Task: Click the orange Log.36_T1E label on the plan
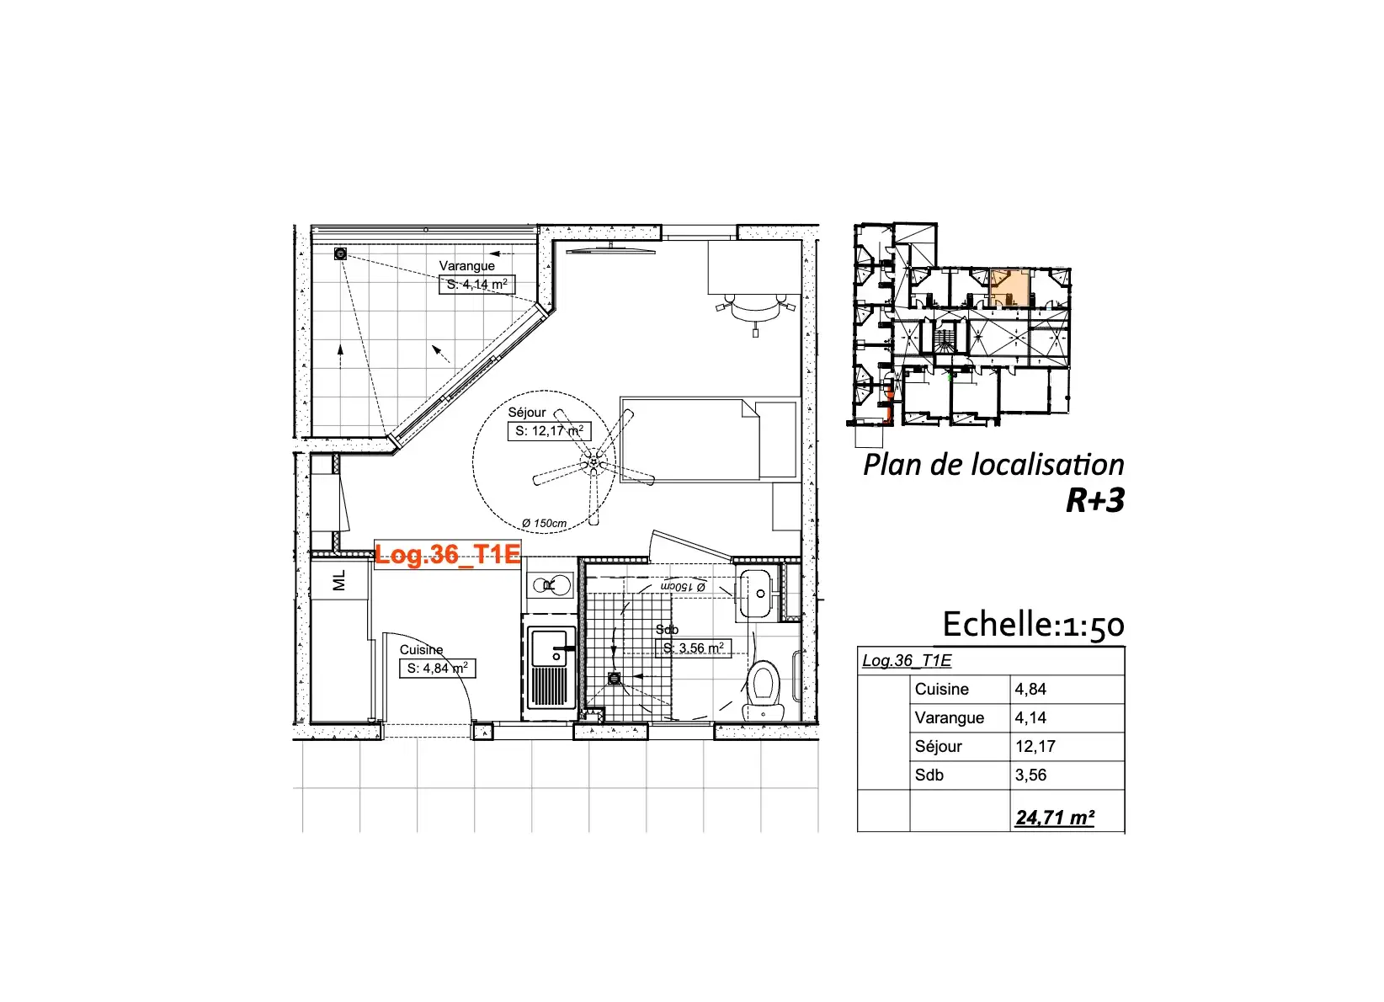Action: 448,554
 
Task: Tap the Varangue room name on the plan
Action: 466,266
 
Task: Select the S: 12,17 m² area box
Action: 549,431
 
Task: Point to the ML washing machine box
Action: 339,580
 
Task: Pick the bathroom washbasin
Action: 755,594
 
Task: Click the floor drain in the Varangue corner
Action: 340,253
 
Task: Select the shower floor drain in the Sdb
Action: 615,678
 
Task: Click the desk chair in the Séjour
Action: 756,309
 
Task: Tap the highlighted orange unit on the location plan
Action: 1009,288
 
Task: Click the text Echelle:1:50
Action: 1033,624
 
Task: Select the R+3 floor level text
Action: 1095,500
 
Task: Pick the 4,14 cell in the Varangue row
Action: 1030,717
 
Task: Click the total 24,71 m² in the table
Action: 1055,817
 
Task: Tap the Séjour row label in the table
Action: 939,747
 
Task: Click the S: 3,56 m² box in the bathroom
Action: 693,648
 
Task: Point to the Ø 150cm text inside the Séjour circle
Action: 544,523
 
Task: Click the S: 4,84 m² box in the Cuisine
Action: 438,669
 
